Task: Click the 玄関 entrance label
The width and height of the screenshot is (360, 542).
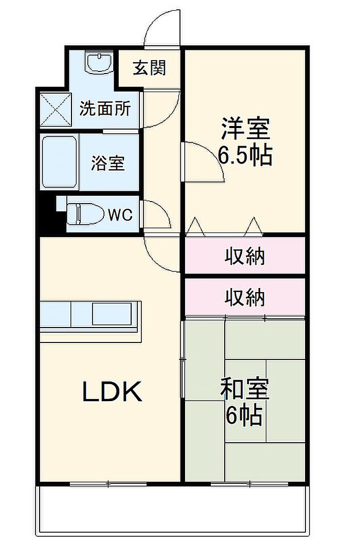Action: point(149,68)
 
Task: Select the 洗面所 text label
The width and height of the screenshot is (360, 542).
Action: point(104,109)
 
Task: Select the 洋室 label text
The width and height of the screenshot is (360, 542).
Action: point(245,129)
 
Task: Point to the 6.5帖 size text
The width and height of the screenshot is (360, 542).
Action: point(245,155)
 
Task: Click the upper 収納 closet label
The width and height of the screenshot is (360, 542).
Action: point(245,256)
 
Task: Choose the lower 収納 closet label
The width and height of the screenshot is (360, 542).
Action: point(245,297)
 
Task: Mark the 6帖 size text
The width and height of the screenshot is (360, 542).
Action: point(244,417)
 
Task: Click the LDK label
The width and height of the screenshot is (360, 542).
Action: point(112,393)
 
